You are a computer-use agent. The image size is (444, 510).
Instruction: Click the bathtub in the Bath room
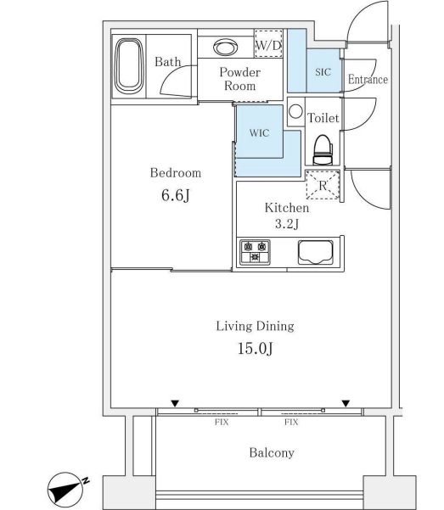coord(129,66)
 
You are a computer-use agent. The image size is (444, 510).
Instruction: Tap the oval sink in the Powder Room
coord(225,48)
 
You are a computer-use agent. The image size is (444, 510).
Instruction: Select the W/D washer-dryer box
coord(268,43)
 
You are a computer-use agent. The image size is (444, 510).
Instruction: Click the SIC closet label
coord(323,72)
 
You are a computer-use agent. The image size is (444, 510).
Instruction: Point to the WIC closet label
coord(259,132)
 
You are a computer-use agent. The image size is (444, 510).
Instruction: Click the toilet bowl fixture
coord(323,149)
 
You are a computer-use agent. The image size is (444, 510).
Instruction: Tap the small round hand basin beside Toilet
coord(295,111)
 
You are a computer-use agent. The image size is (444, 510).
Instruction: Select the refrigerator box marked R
coord(323,184)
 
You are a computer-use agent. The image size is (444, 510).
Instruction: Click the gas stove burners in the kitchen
coord(255,252)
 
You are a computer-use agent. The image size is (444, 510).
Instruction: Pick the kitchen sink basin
coord(316,252)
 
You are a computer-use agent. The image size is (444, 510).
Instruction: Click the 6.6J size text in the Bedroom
coord(176,195)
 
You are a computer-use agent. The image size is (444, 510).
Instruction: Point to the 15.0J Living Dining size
coord(256,349)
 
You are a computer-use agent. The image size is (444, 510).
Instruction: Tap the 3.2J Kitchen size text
coord(287,224)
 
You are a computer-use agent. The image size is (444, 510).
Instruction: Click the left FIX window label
coord(222,423)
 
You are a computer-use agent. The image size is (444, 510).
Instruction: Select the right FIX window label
coord(291,423)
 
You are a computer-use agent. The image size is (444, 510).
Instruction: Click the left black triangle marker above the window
coord(175,404)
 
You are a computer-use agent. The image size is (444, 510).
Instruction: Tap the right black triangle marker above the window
coord(346,404)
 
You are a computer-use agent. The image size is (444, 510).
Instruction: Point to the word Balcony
coord(272,453)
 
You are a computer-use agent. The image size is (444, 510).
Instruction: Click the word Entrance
coord(368,80)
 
